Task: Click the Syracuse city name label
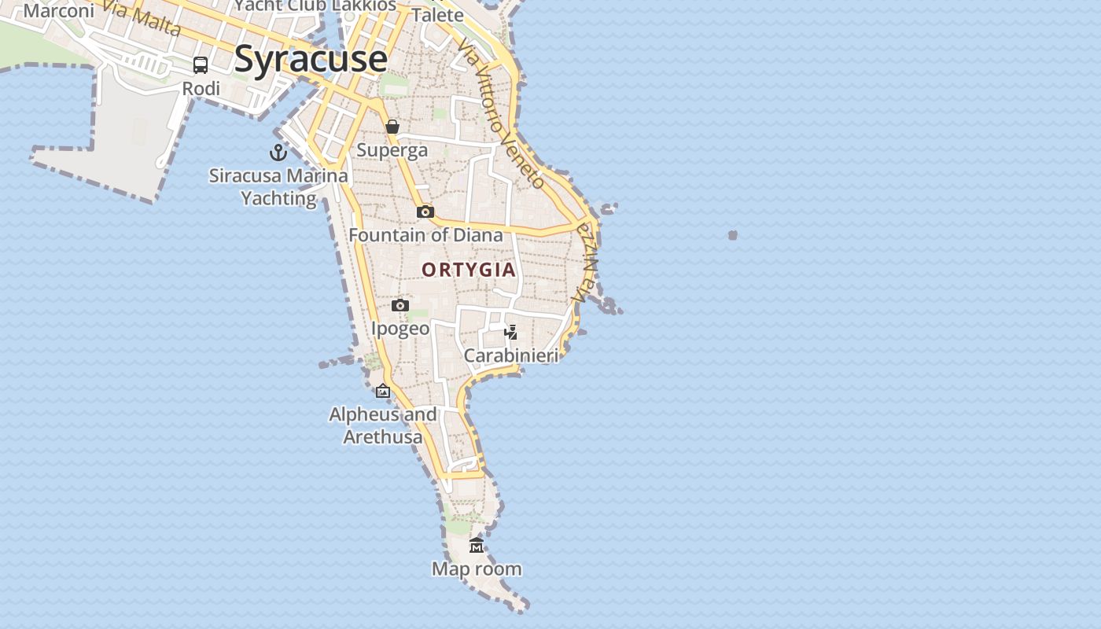click(311, 59)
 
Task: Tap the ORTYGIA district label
click(469, 270)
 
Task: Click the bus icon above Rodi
click(201, 65)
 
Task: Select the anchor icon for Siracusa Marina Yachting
click(278, 152)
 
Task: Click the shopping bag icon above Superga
click(392, 127)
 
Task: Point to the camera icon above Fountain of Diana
click(425, 212)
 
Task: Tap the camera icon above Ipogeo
click(400, 305)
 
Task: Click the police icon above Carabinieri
click(511, 332)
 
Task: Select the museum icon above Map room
click(477, 545)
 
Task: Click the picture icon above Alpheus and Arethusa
click(383, 391)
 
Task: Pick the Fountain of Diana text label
click(425, 235)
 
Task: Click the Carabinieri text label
click(511, 355)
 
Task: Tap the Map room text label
click(477, 568)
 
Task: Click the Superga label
click(392, 150)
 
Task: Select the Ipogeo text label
click(400, 329)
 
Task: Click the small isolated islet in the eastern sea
click(733, 235)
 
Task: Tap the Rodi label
click(201, 89)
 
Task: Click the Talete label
click(438, 15)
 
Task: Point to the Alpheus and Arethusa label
click(383, 425)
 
